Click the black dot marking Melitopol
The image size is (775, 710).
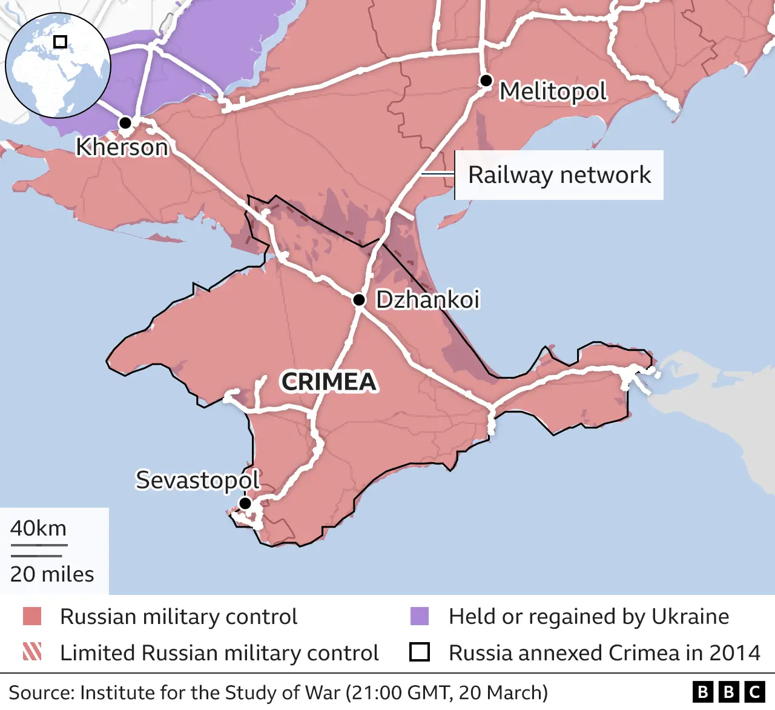click(486, 81)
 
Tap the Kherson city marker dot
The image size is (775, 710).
click(125, 123)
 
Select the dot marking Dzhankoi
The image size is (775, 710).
click(359, 300)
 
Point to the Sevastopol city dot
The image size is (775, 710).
click(245, 503)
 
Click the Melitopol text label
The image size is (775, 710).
click(553, 91)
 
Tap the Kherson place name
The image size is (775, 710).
click(122, 147)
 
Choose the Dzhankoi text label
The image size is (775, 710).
click(427, 299)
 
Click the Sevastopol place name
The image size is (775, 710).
click(197, 480)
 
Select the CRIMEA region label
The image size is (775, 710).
click(329, 382)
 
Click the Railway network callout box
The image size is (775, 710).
click(559, 175)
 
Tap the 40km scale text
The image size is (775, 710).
click(38, 528)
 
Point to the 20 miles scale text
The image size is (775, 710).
click(52, 574)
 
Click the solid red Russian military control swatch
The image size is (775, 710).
click(32, 616)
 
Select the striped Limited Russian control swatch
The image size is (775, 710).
click(32, 652)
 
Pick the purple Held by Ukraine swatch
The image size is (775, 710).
click(420, 616)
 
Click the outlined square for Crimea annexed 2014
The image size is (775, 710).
click(420, 652)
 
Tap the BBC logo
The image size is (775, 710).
click(729, 692)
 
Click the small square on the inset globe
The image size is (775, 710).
click(60, 42)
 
